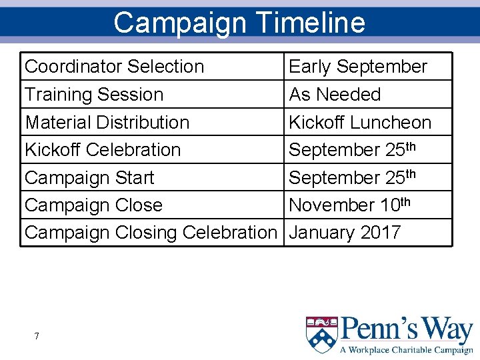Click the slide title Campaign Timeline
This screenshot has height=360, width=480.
[239, 22]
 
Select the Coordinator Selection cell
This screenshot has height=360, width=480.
[114, 67]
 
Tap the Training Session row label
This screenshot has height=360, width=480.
[94, 95]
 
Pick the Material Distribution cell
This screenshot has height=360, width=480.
[107, 123]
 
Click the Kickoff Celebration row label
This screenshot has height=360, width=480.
[103, 150]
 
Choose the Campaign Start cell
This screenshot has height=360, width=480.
[89, 178]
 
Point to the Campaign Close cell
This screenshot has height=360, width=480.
[93, 205]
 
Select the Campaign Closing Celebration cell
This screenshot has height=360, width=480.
[150, 233]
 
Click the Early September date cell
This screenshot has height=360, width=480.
[357, 67]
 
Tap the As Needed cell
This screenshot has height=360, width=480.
[335, 95]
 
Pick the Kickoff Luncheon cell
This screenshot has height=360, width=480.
[360, 123]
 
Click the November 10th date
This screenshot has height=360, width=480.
[350, 205]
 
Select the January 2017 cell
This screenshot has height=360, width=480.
[345, 233]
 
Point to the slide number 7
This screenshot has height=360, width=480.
[37, 336]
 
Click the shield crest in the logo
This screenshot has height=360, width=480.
[321, 334]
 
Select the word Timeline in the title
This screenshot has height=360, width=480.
[311, 22]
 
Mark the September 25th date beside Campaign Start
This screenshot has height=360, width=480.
[353, 178]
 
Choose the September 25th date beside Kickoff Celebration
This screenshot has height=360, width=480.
[353, 150]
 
